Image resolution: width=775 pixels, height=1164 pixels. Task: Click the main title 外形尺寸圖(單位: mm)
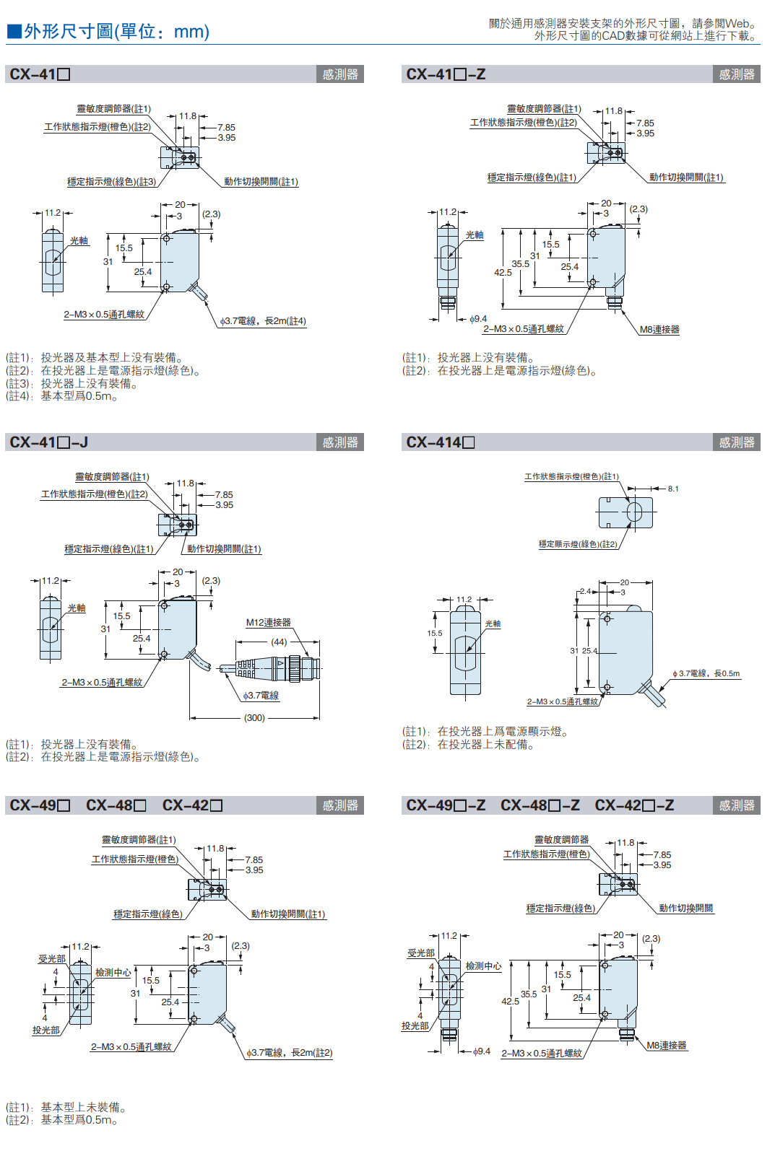(116, 32)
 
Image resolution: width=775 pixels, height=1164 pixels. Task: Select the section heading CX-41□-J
(48, 442)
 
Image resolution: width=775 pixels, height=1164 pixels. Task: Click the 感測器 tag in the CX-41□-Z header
(736, 74)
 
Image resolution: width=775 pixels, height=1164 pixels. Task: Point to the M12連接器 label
(268, 623)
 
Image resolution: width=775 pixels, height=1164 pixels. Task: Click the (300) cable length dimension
(254, 718)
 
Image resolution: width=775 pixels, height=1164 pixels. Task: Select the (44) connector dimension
(279, 642)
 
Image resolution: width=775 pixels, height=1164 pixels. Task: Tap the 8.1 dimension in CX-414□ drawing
(673, 489)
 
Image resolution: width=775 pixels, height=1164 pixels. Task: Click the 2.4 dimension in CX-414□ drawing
(585, 592)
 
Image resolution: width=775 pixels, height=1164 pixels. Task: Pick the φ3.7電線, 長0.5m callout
(706, 674)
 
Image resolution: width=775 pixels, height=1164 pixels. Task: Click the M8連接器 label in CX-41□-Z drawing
(659, 330)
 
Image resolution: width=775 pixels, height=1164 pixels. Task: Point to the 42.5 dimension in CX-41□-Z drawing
(503, 272)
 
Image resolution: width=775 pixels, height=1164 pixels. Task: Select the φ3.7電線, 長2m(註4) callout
(263, 321)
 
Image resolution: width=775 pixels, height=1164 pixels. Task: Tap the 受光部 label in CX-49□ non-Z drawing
(52, 959)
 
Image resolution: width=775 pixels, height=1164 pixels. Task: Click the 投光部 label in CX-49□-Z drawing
(415, 1025)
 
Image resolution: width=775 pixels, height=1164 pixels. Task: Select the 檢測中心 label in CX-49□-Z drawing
(483, 966)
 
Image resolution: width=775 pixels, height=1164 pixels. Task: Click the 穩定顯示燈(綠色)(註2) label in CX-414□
(578, 544)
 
